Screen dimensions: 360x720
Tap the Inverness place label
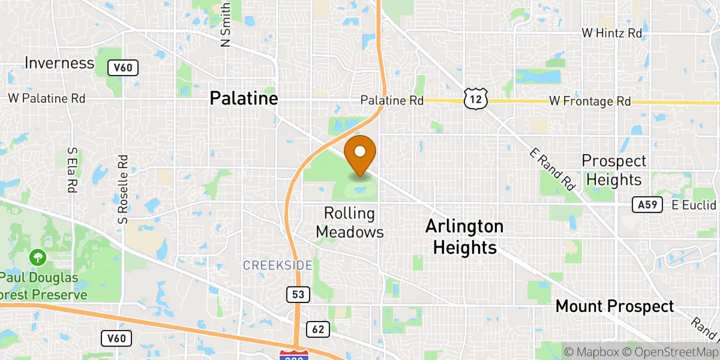coord(59,63)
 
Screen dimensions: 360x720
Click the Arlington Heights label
coord(464,236)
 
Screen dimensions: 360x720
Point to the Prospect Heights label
coord(614,170)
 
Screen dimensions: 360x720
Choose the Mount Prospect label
coord(614,306)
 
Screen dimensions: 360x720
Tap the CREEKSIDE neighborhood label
coord(277,265)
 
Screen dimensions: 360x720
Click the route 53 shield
coord(298,295)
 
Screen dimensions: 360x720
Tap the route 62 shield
coord(318,329)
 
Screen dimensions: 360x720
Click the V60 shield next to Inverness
coord(123,68)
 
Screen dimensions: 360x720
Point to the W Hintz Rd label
coord(611,34)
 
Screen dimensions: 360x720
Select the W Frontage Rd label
coord(590,102)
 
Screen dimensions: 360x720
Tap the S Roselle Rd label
coord(124,190)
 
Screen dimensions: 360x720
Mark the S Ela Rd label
coord(73,170)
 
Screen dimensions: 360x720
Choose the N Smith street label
coord(226,25)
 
